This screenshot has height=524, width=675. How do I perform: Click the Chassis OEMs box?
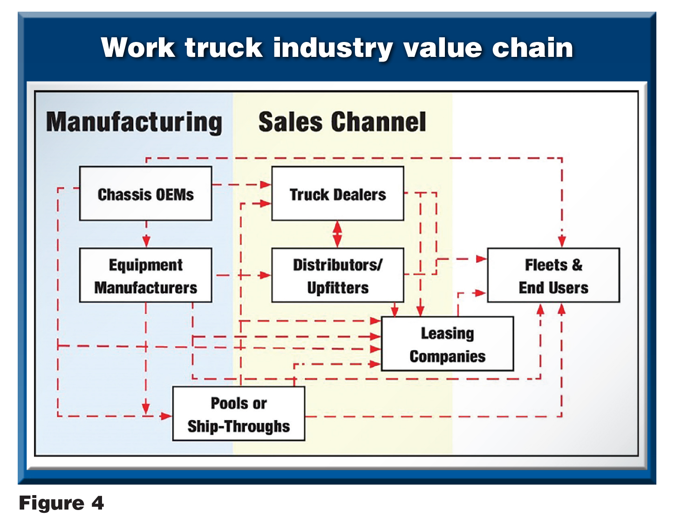tap(146, 193)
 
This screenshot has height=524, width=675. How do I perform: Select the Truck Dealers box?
tap(338, 193)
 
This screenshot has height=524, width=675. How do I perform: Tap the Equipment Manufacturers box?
tap(146, 275)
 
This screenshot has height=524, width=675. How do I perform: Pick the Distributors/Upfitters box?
tap(338, 275)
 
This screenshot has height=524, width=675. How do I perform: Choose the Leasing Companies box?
tap(447, 344)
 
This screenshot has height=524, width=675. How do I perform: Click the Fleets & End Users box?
tap(553, 275)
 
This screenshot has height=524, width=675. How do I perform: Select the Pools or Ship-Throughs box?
tap(239, 414)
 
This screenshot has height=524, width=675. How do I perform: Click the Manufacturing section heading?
tap(134, 122)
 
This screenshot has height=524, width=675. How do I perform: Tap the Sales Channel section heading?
tap(342, 122)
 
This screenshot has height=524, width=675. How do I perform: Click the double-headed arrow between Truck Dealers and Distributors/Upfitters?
tap(338, 234)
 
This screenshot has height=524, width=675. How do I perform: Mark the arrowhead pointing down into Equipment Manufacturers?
tap(146, 241)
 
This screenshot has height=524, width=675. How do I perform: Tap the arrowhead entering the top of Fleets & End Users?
tap(562, 241)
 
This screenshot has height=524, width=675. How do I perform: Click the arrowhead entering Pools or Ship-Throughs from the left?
tap(166, 416)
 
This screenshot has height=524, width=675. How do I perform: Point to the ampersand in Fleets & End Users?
tap(577, 265)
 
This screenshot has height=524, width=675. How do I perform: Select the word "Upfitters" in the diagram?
tap(338, 288)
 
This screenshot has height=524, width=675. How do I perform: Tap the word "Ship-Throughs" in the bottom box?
tap(239, 427)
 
